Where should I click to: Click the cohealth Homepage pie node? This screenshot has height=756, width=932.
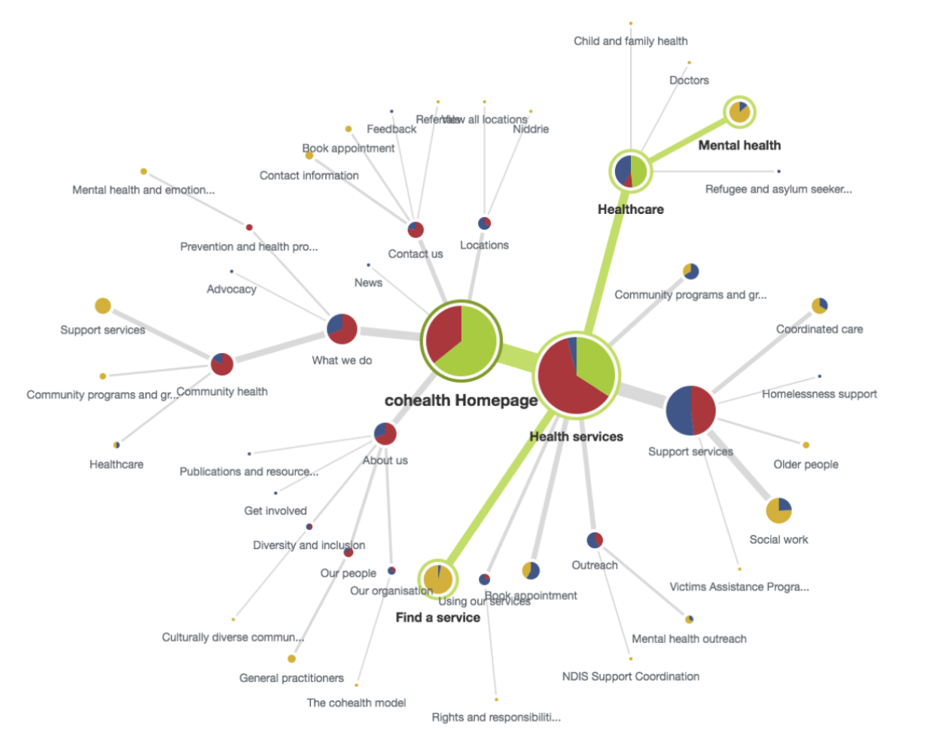coord(461,340)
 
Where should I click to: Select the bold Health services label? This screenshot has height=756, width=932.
coord(576,437)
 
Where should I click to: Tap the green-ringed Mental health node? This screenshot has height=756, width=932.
coord(739,112)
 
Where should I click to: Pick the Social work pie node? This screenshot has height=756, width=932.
coord(778,510)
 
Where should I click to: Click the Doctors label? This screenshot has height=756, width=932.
coord(689,80)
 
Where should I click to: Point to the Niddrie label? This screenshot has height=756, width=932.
coord(531,129)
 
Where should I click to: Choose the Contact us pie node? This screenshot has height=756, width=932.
coord(416,230)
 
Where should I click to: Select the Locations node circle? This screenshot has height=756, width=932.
coord(484,223)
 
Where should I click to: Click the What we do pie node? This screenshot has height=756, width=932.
coord(342,329)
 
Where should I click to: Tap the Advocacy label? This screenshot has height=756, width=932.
coord(231,289)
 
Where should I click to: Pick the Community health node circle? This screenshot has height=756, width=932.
coord(221,364)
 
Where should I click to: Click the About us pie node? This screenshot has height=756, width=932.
coord(385,433)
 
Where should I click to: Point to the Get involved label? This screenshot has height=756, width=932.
coord(275,511)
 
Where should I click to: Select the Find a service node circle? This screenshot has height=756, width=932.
coord(437,579)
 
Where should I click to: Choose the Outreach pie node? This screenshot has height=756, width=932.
coord(595,540)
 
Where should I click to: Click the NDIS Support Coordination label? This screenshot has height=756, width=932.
coord(630,676)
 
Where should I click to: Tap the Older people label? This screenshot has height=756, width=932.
coord(806,465)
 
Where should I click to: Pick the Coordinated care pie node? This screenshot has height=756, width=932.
coord(819,305)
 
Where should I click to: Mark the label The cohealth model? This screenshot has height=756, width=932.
coord(356,703)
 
